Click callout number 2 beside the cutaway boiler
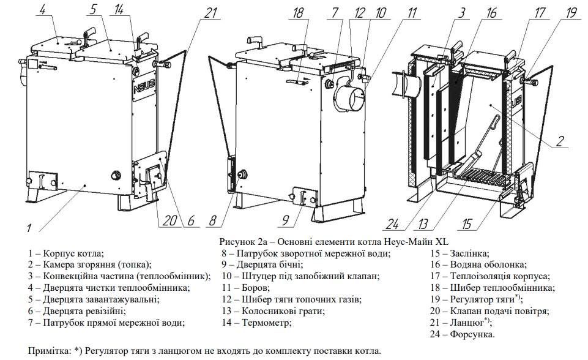click(560, 142)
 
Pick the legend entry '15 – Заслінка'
click(460, 252)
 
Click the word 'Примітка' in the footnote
click(48, 351)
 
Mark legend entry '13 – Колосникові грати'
click(274, 310)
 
